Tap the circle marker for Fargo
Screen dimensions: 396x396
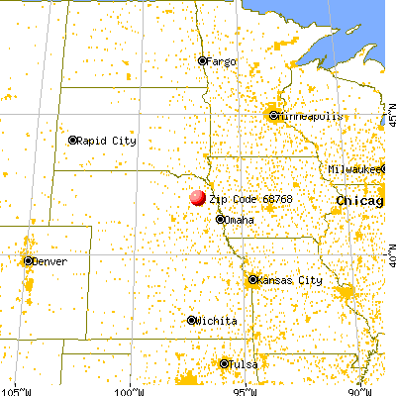202,60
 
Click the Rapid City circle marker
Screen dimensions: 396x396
72,140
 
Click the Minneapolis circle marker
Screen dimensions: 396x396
274,116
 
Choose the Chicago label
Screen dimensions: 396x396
359,201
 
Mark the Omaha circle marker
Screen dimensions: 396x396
220,220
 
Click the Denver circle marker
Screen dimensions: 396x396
27,260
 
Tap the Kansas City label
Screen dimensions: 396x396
290,280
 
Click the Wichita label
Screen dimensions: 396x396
217,321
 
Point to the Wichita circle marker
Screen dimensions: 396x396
192,321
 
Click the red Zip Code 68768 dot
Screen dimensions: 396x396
198,197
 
